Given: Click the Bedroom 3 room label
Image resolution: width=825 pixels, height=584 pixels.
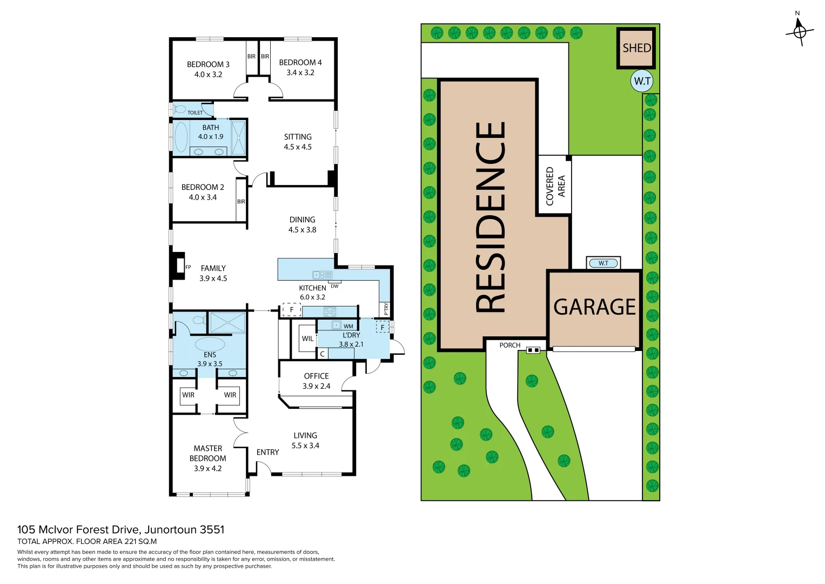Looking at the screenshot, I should [208, 64].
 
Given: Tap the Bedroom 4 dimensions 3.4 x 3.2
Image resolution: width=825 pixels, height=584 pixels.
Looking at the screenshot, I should [300, 72].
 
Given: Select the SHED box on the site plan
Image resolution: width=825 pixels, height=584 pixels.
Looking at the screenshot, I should [636, 48].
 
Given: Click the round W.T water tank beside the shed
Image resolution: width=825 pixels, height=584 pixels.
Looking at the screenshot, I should [642, 81].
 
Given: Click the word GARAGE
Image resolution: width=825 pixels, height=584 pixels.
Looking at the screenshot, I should [594, 307].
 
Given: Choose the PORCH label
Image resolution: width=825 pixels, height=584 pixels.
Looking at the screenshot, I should [509, 345].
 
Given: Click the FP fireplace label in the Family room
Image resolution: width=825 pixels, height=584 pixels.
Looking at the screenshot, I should [188, 267].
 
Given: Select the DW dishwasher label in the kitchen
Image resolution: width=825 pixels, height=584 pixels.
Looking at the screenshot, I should [334, 286].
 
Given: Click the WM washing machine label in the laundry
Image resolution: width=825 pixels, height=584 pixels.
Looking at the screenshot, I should [348, 326].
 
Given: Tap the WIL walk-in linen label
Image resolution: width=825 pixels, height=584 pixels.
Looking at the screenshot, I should [307, 339].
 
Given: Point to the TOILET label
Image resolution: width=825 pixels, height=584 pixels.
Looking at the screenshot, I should [195, 112].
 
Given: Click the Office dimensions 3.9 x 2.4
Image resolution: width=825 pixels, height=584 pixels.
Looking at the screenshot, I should [316, 386].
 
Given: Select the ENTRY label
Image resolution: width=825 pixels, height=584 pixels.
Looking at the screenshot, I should [267, 452].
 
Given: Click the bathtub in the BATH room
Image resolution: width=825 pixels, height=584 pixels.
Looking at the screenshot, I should [181, 137].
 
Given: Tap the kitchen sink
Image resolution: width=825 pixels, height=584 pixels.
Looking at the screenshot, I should [322, 275].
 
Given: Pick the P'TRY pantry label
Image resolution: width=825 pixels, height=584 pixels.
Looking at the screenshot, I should [386, 309].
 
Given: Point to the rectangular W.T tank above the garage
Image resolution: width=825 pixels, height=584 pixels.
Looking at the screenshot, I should [603, 263].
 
